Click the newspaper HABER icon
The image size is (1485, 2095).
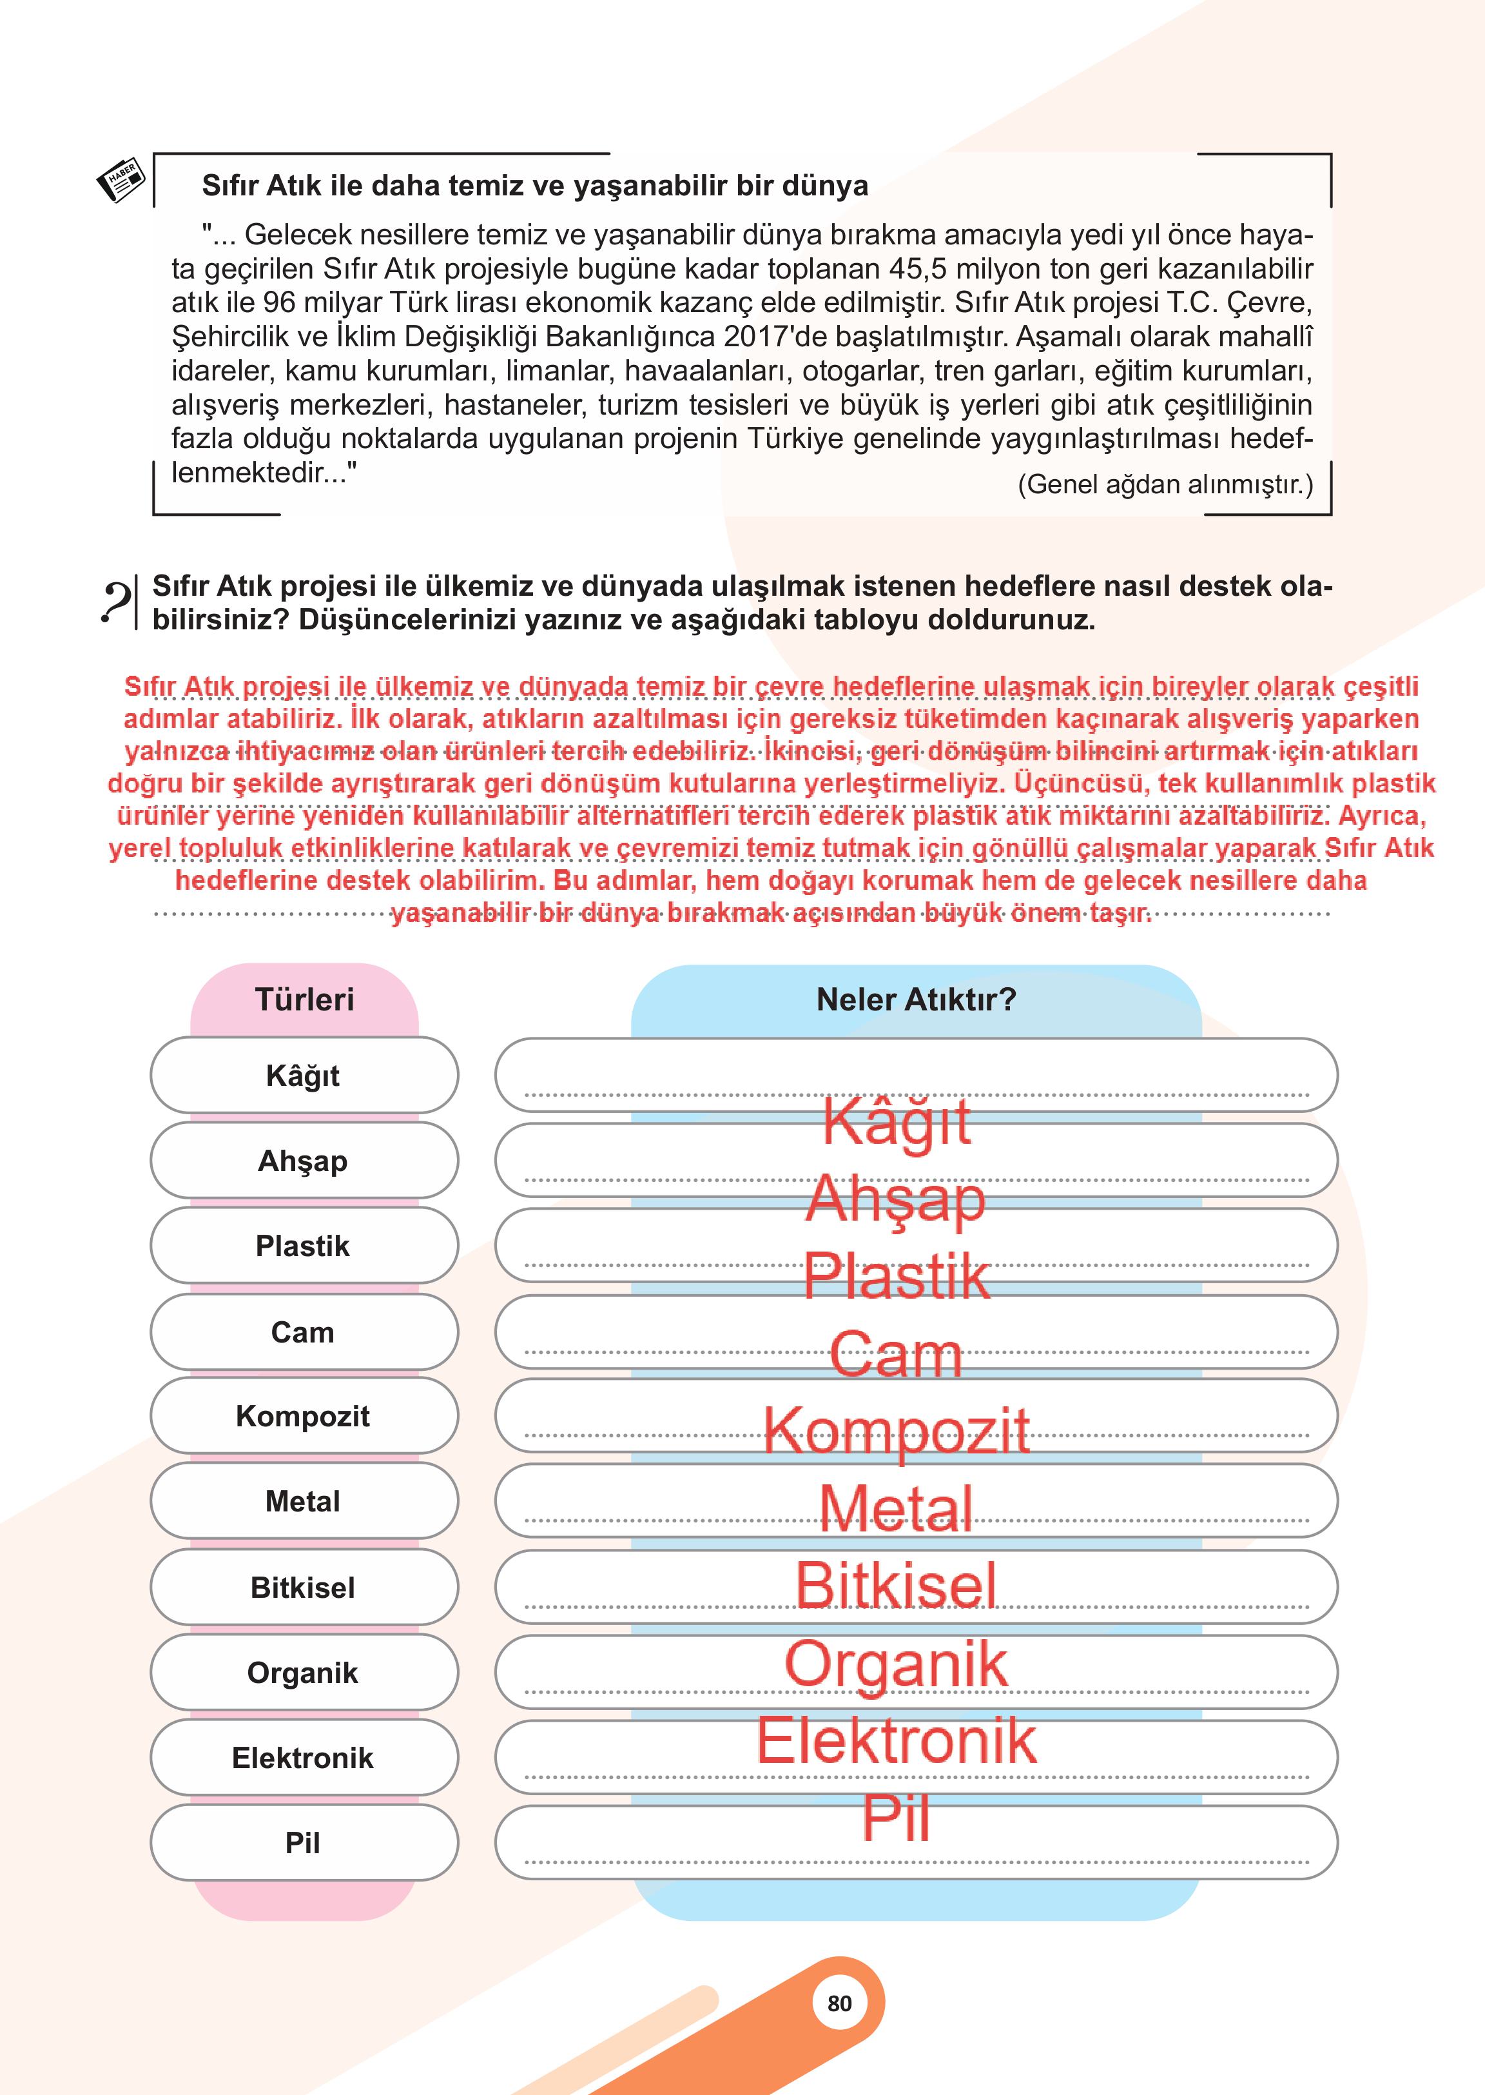pos(121,179)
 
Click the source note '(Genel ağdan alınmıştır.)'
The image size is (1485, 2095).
pos(1165,484)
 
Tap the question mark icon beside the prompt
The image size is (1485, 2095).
pos(115,604)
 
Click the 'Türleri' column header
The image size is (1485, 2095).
pos(304,999)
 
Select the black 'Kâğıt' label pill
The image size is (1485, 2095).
pos(303,1075)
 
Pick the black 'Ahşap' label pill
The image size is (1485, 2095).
pos(303,1160)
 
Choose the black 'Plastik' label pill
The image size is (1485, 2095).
pos(303,1245)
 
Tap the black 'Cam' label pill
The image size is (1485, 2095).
pos(303,1331)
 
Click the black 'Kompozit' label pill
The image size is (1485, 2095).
pos(303,1416)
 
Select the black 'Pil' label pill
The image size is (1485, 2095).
pos(303,1842)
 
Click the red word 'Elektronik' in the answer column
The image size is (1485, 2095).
pos(896,1740)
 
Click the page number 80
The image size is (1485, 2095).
pos(839,2003)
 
